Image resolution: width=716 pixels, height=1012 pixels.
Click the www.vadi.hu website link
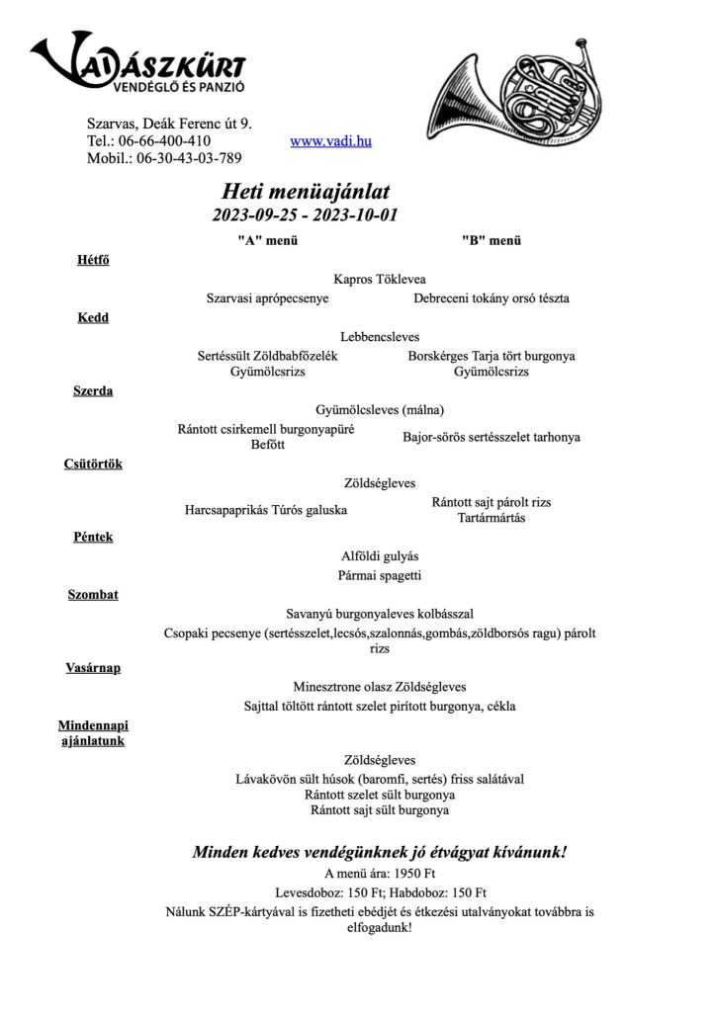coord(330,141)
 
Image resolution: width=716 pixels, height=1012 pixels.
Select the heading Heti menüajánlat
coord(305,191)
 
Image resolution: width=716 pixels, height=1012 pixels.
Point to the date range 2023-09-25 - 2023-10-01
coord(305,214)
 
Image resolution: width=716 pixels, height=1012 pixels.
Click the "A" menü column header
coord(267,240)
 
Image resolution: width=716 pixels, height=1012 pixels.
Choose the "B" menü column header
coord(491,240)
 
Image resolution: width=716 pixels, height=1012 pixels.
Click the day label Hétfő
coord(93,260)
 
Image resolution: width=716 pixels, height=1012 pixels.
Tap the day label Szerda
coord(93,390)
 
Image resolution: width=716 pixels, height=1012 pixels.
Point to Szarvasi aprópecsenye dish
coord(267,297)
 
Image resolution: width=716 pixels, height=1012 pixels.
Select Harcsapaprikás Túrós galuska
coord(266,511)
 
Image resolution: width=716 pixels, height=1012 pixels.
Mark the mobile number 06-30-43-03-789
coord(189,157)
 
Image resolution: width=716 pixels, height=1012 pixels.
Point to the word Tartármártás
coord(492,518)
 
